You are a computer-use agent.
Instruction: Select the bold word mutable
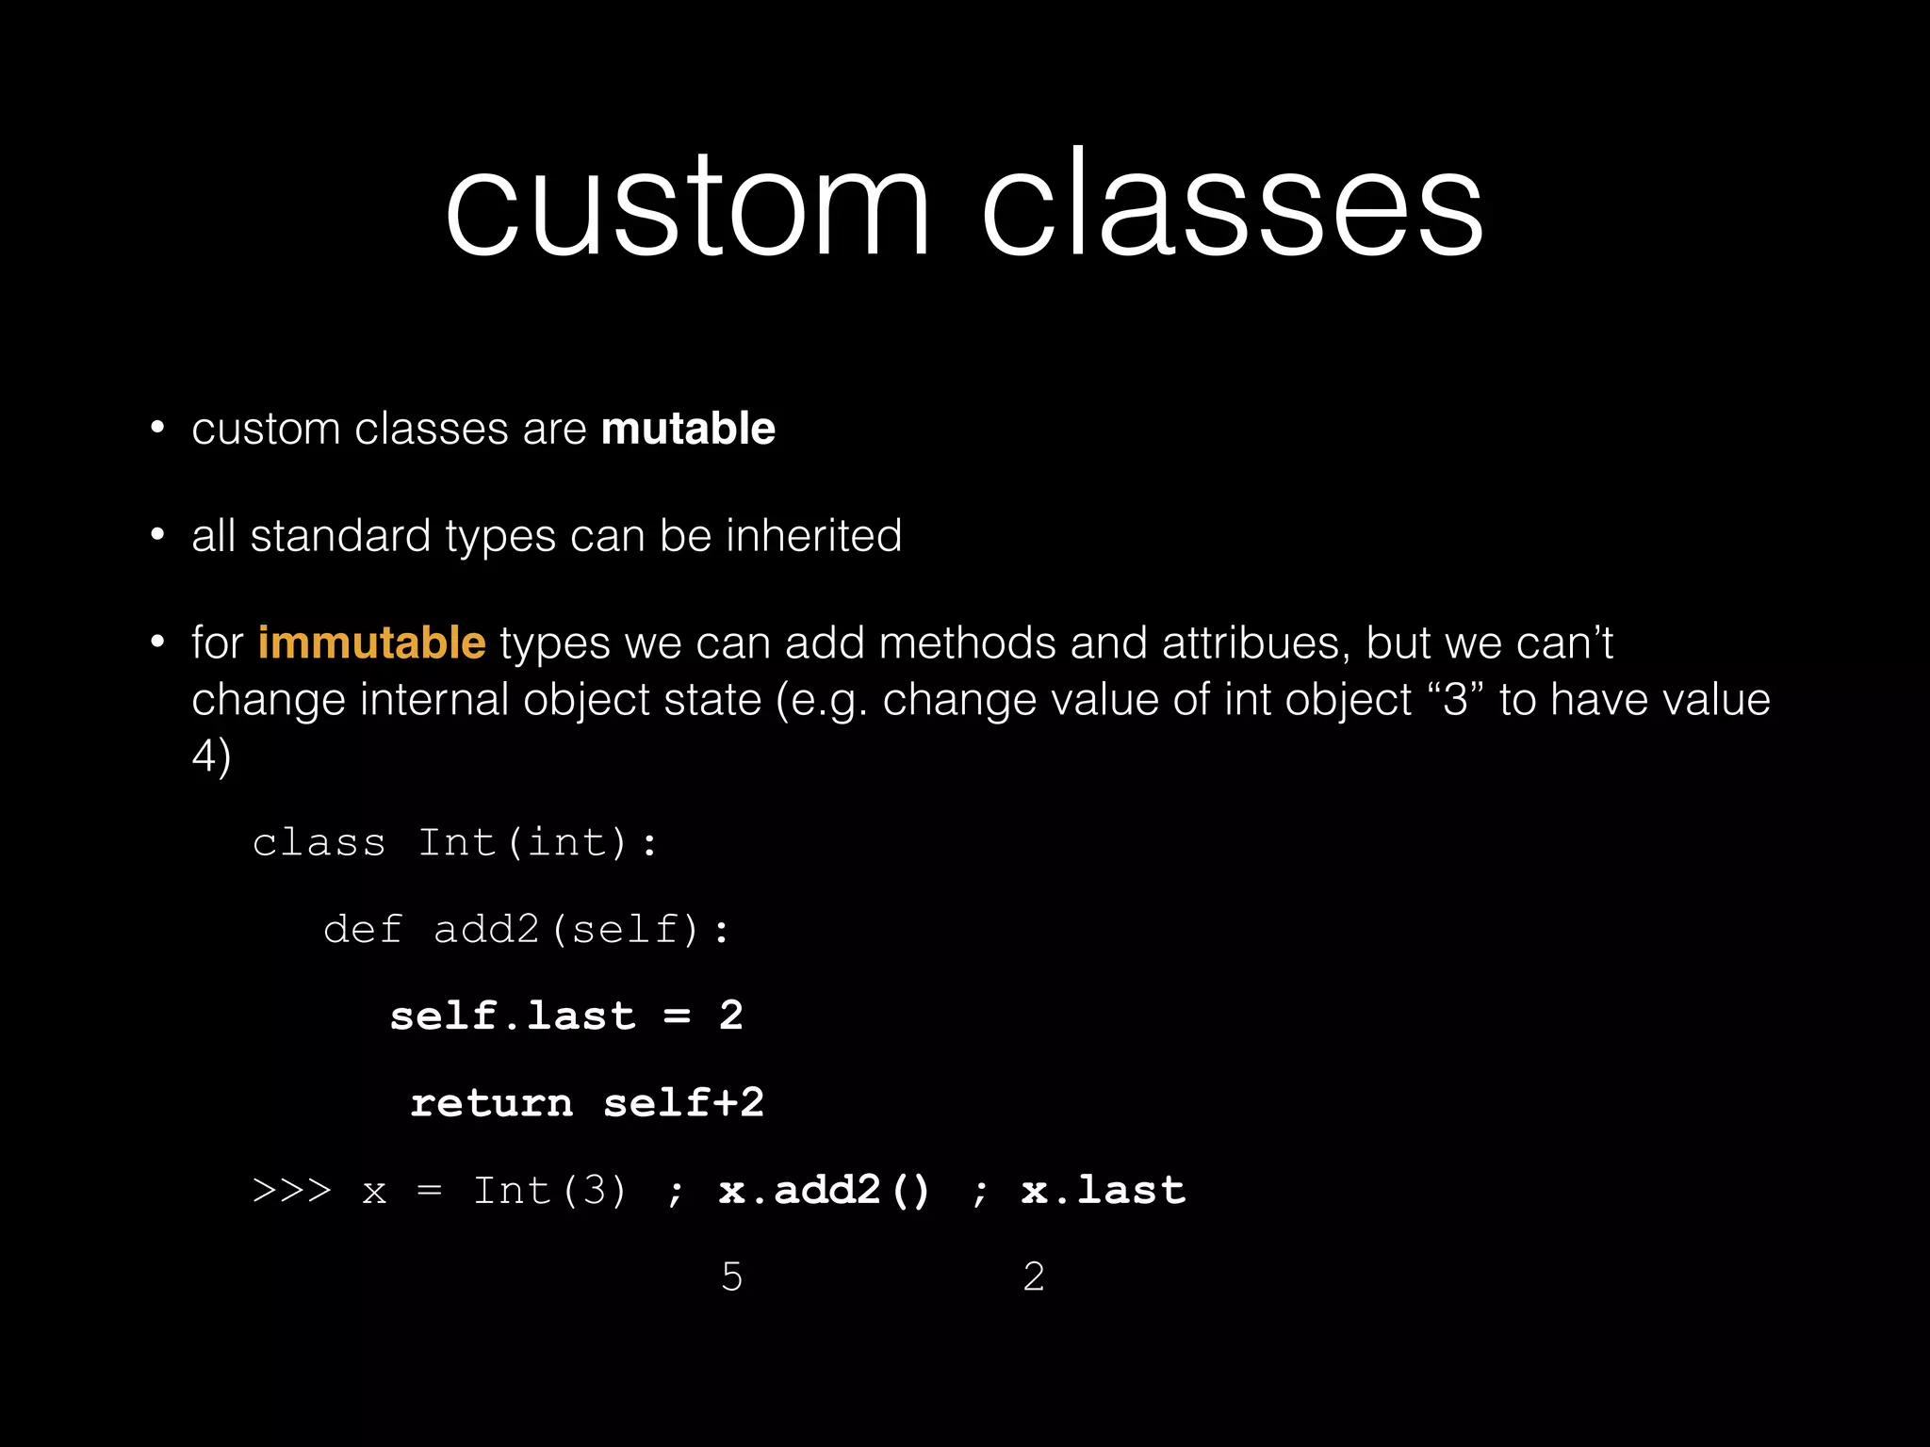(x=688, y=429)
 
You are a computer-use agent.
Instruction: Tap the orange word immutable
(x=371, y=643)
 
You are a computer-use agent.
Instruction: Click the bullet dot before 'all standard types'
(x=157, y=535)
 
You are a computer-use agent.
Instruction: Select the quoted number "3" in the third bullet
(x=1455, y=700)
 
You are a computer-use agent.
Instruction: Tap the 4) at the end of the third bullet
(x=211, y=756)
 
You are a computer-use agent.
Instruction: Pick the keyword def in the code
(x=363, y=930)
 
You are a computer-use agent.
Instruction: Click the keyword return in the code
(x=491, y=1103)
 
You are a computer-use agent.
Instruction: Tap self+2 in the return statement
(x=683, y=1103)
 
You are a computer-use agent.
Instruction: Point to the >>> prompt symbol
(x=292, y=1191)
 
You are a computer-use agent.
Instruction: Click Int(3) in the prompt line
(x=549, y=1191)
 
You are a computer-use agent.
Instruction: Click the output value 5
(x=732, y=1277)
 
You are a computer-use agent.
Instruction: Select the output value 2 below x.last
(x=1034, y=1277)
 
